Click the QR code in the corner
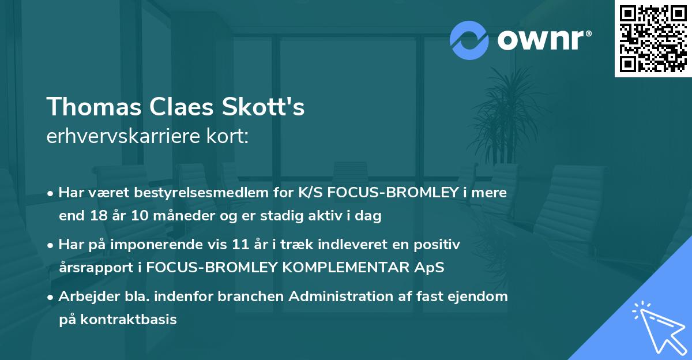coord(653,39)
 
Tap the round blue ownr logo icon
coord(469,40)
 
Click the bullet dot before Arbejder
coord(51,298)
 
